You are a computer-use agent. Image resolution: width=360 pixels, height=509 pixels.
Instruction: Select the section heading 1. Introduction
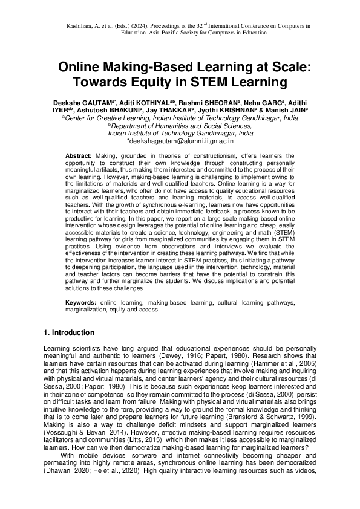point(70,333)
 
